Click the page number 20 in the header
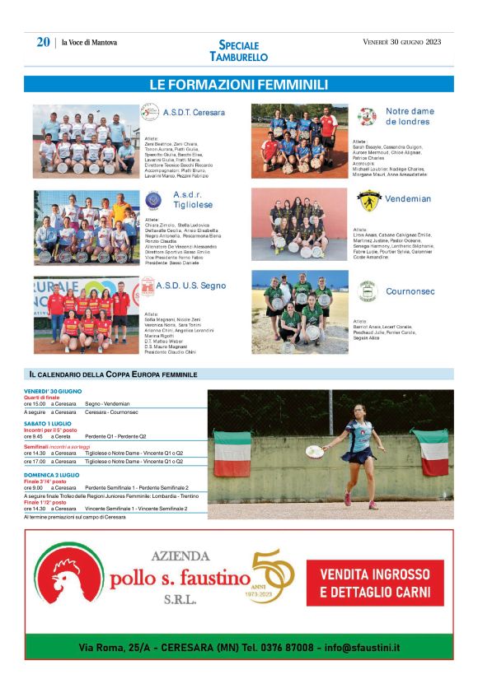point(43,43)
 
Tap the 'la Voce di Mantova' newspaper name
point(90,43)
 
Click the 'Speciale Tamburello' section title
point(238,51)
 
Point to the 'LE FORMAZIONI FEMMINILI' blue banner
point(238,85)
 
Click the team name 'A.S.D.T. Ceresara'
point(194,112)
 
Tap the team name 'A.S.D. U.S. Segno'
point(191,286)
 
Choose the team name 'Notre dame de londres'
point(409,116)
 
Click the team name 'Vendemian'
point(408,199)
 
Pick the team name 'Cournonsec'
point(410,291)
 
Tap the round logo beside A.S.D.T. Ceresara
point(149,112)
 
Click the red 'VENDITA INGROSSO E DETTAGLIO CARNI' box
point(375,583)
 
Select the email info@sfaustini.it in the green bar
point(359,649)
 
